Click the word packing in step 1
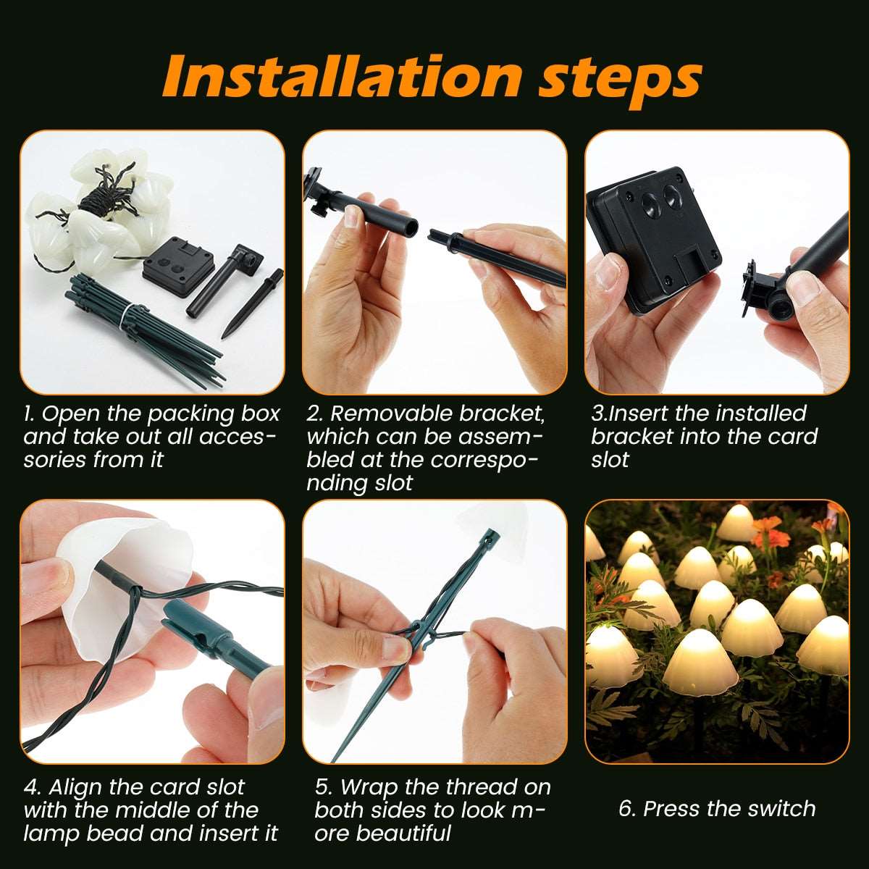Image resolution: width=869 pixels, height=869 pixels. click(193, 415)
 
